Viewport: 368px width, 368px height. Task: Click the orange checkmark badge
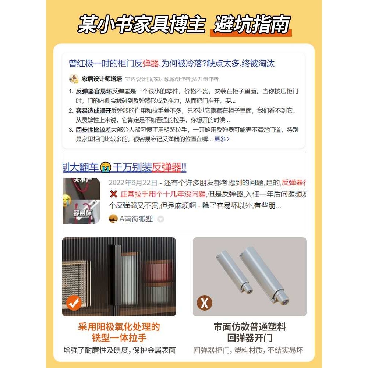click(74, 303)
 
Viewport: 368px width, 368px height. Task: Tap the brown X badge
click(205, 303)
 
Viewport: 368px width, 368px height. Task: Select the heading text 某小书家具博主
click(141, 25)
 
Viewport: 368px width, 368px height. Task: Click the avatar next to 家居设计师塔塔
click(74, 79)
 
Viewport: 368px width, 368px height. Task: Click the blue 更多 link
click(222, 139)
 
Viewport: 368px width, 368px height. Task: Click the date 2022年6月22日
click(132, 183)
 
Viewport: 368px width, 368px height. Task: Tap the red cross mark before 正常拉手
click(113, 194)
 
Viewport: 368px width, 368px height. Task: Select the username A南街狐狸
click(136, 219)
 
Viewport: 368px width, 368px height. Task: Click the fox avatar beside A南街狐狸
click(113, 219)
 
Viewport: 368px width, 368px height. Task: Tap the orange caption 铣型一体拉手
click(119, 338)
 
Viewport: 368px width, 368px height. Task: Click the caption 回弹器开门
click(250, 338)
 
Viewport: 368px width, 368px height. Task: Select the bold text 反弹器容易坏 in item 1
click(94, 91)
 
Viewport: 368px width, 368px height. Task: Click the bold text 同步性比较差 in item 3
click(94, 130)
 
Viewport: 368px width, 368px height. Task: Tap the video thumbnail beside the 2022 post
click(81, 201)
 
